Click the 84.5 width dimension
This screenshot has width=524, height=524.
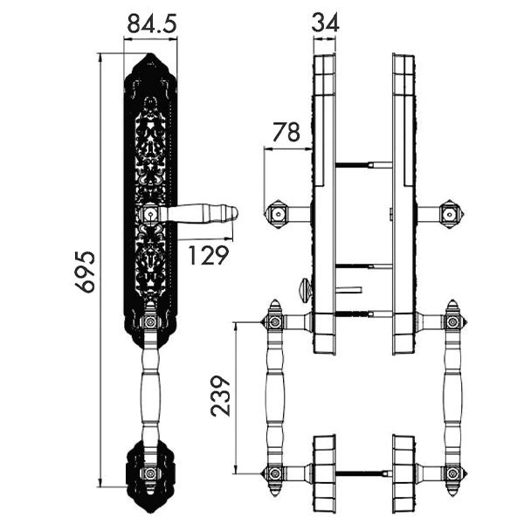[x=152, y=24]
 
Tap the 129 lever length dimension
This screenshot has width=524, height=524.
[x=209, y=255]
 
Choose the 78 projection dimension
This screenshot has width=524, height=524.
[x=286, y=132]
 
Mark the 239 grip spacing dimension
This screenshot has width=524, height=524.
[x=222, y=397]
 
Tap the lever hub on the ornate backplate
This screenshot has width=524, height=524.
[x=150, y=212]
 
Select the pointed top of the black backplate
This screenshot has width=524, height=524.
[x=150, y=60]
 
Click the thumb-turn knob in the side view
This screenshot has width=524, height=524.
[x=303, y=286]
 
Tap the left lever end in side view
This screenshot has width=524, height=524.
[x=277, y=213]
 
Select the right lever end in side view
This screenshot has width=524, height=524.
[x=449, y=213]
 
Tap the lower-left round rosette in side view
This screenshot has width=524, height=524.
[x=324, y=472]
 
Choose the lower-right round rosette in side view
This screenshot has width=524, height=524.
[x=403, y=472]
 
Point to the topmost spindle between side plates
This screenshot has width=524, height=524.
[x=362, y=163]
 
